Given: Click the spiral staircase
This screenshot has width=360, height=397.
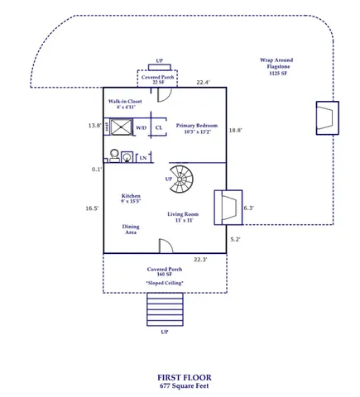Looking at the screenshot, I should coord(180,177).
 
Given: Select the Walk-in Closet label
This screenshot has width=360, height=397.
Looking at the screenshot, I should coord(124,104).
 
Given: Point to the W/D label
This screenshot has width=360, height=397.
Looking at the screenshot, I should coord(141,128).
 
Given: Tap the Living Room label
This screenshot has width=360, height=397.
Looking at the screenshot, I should coord(184,217).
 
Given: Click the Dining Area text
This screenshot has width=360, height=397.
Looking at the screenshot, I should coord(131,229).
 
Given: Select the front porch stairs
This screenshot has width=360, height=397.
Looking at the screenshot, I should coord(164,309).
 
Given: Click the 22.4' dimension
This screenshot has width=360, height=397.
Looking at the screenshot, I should coord(203,83).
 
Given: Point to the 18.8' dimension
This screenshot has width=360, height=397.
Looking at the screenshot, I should coord(235,130).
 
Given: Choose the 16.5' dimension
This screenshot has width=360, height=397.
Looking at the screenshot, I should coord(93,209).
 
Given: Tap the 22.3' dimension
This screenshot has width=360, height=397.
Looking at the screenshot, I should coord(199,260).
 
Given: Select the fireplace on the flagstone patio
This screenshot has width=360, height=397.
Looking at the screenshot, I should coord(326,117).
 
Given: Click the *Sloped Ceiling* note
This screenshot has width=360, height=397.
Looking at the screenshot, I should coord(165,283).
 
